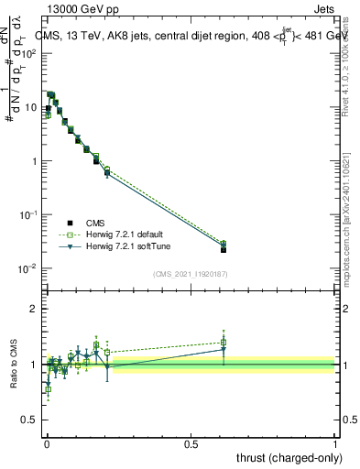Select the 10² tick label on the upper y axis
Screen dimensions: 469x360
(30, 53)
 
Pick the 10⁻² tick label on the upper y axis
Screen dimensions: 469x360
(29, 268)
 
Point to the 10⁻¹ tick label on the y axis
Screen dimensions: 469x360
(29, 214)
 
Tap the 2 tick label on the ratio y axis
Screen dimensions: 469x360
(34, 309)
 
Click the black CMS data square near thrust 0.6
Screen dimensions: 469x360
(224, 249)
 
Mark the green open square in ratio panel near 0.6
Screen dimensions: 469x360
(224, 343)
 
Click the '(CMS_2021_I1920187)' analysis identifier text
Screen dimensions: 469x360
(190, 275)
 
